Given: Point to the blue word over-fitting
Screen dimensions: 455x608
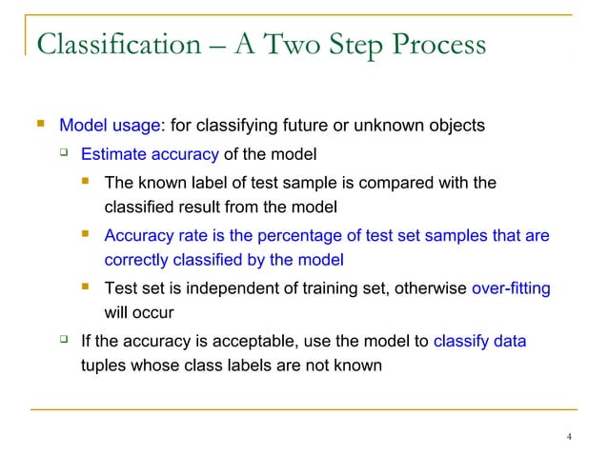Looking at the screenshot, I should (511, 287).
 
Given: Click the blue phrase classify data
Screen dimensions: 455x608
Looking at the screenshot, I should (479, 340).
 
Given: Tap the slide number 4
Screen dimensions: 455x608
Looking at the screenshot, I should (569, 437).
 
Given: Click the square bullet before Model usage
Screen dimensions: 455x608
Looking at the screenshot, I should (39, 125).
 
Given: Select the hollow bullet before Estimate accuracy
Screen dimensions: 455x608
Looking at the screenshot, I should (64, 154).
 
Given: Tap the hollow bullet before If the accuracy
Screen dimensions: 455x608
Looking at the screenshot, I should (64, 340).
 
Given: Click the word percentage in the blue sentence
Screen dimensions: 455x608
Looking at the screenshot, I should (302, 235).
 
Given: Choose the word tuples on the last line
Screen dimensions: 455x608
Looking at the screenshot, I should (102, 364).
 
